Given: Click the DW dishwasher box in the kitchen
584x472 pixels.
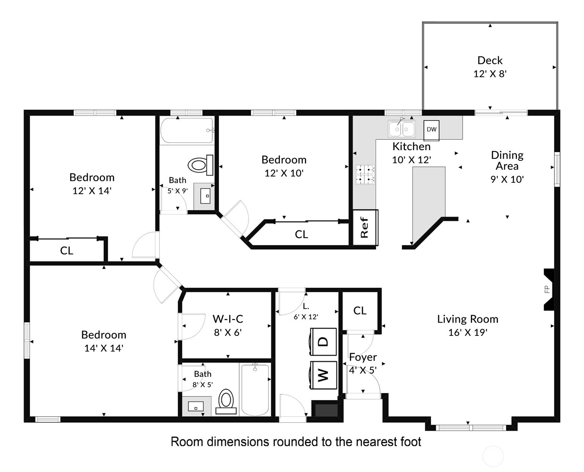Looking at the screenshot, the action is point(431,130).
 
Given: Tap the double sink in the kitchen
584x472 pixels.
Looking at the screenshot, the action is point(402,129).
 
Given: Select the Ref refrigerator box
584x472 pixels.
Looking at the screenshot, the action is point(365,227).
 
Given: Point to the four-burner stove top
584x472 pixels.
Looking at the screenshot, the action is point(365,174).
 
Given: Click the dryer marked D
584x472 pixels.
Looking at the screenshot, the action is point(323,342).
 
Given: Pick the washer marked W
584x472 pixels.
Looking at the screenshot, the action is point(323,375).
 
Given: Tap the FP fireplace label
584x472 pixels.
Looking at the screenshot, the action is point(547,289).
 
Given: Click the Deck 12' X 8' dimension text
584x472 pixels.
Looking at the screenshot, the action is point(490,74).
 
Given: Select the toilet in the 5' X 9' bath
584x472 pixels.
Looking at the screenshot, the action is point(200,165).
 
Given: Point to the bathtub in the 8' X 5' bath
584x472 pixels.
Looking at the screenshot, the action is point(255,390).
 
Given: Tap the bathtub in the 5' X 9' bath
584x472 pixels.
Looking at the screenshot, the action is point(187,130).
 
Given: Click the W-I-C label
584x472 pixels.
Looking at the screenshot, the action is point(228,319).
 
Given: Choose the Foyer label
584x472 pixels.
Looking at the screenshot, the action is point(363,357).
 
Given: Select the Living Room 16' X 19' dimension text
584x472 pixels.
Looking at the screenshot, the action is point(468,332).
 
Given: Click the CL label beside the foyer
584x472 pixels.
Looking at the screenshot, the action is point(360,310).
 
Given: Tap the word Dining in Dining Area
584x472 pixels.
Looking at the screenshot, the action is point(507,155).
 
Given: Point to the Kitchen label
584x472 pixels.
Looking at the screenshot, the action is point(411,147).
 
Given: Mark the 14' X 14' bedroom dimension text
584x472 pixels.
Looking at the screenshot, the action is point(104,348).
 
